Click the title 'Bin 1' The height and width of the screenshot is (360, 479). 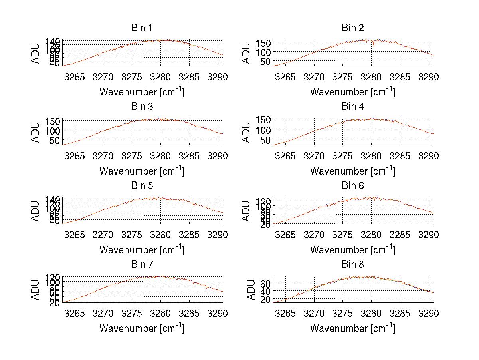[x=141, y=28]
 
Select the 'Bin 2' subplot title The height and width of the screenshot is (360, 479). [x=352, y=28]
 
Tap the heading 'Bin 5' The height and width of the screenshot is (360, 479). [x=141, y=186]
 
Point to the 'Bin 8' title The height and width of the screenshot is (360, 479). [x=352, y=265]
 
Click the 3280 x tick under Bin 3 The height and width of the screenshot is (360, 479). [x=160, y=156]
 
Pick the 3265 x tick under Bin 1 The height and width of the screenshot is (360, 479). [x=75, y=77]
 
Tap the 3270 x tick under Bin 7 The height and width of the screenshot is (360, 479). [x=103, y=314]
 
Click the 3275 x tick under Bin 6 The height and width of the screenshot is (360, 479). [x=342, y=235]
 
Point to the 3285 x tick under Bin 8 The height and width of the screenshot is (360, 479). [x=400, y=314]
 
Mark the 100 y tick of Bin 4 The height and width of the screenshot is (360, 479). [x=264, y=130]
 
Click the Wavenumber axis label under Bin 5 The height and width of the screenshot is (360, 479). [x=142, y=249]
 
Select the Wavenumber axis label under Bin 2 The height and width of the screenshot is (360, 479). [x=352, y=91]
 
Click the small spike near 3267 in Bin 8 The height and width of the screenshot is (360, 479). [x=298, y=294]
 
